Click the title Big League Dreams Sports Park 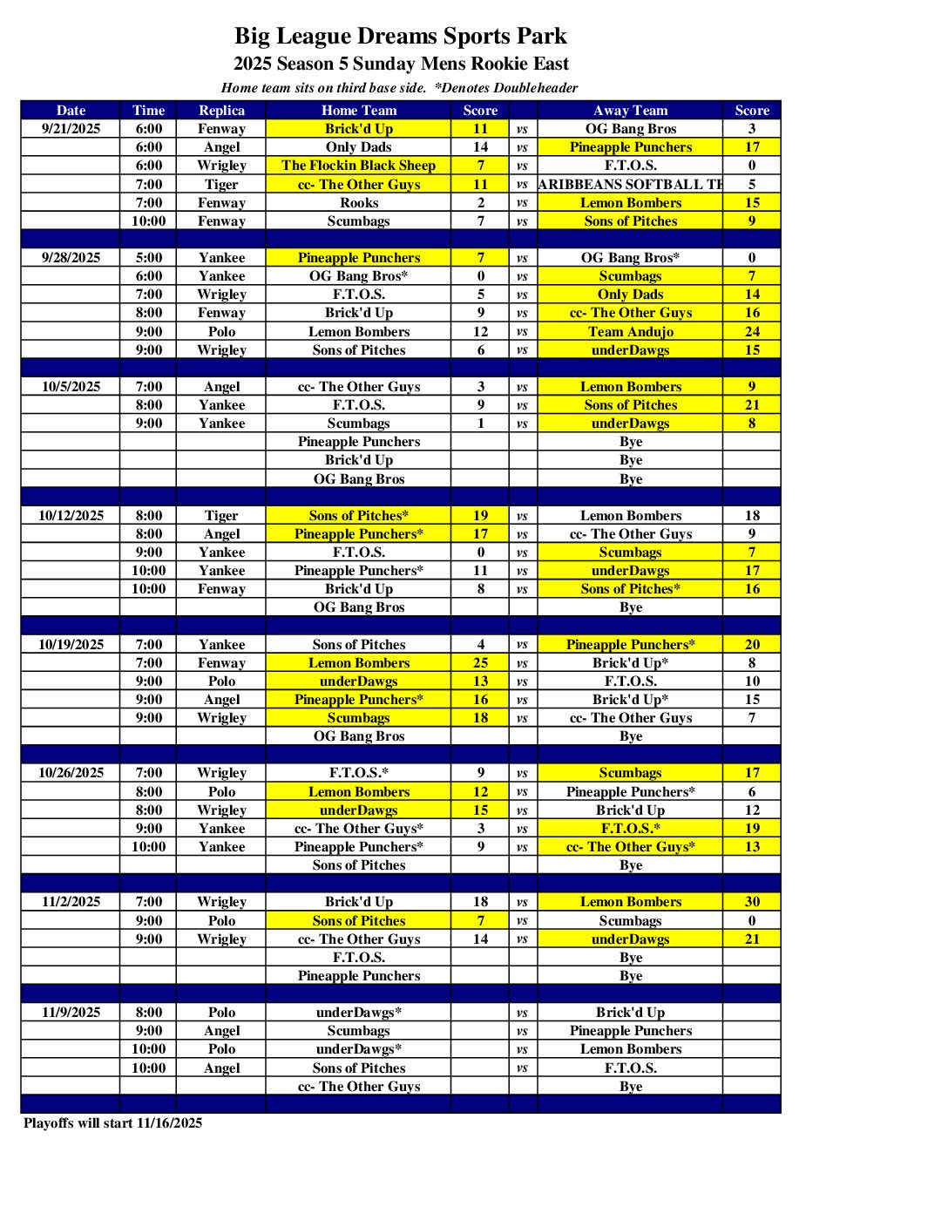pos(400,36)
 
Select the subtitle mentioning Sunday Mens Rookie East pos(401,64)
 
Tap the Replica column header pos(221,111)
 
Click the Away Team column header pos(630,111)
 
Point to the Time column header pos(148,111)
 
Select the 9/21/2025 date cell pos(71,129)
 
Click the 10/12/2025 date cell pos(71,516)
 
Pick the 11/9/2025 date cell pos(71,1013)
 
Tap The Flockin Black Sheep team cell pos(358,166)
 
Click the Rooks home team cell pos(358,203)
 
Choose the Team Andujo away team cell pos(630,332)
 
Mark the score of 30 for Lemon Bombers pos(752,902)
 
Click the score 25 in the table pos(480,663)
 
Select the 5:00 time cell pos(148,258)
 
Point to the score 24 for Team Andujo pos(752,332)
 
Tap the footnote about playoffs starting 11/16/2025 pos(112,1123)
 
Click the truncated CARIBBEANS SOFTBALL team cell pos(630,185)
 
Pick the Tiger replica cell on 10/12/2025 pos(221,516)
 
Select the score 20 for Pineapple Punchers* pos(752,645)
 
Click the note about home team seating pos(399,88)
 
